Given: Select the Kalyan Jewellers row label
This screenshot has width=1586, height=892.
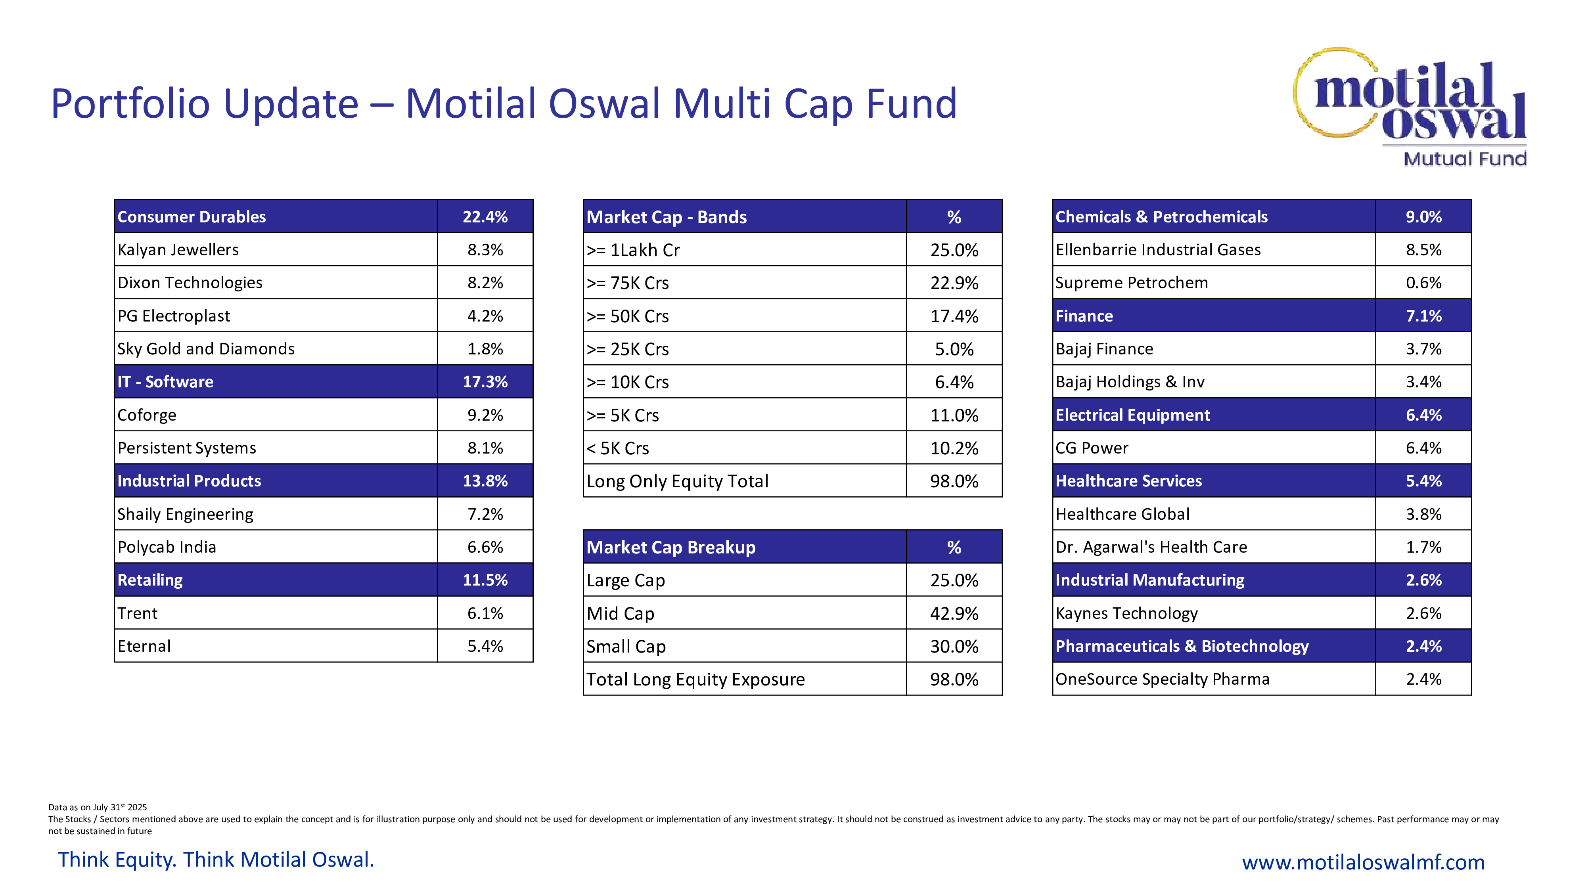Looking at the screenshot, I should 178,250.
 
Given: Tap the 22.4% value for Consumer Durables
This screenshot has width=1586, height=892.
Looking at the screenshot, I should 485,217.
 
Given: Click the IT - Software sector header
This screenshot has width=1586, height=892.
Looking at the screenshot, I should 165,382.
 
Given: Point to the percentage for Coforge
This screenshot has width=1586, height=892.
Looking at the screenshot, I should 485,415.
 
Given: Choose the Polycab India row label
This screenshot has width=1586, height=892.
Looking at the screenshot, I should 167,547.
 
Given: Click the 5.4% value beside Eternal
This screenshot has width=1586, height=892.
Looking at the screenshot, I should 485,646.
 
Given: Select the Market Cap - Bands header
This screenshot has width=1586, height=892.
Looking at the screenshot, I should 666,217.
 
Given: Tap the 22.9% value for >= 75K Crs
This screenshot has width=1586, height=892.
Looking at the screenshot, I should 954,283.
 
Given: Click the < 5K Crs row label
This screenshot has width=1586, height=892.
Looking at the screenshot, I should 617,448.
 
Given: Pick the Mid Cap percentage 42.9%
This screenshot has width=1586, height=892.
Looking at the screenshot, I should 954,614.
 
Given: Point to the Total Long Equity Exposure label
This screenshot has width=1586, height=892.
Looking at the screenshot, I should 695,680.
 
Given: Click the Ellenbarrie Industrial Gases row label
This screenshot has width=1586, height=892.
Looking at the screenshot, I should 1157,250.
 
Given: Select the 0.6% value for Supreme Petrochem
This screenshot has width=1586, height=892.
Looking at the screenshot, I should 1423,283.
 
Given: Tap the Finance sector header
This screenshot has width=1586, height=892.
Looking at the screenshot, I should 1084,316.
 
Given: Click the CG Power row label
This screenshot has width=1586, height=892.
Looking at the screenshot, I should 1092,448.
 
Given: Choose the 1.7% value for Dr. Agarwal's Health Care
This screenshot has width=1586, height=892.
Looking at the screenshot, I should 1423,547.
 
